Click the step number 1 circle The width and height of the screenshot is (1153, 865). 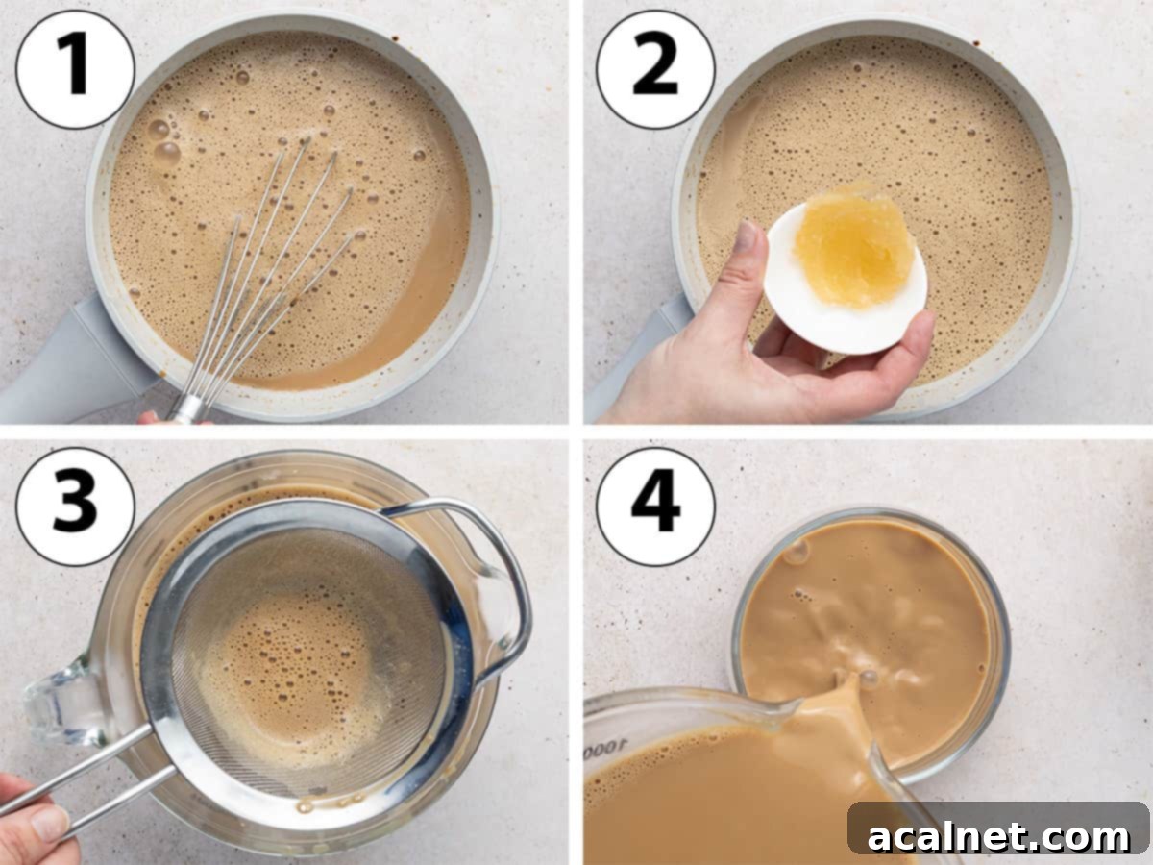[x=75, y=69]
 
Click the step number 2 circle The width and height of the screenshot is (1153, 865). [x=655, y=69]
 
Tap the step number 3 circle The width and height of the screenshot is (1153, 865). [x=75, y=507]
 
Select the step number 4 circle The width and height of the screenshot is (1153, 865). [x=655, y=507]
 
